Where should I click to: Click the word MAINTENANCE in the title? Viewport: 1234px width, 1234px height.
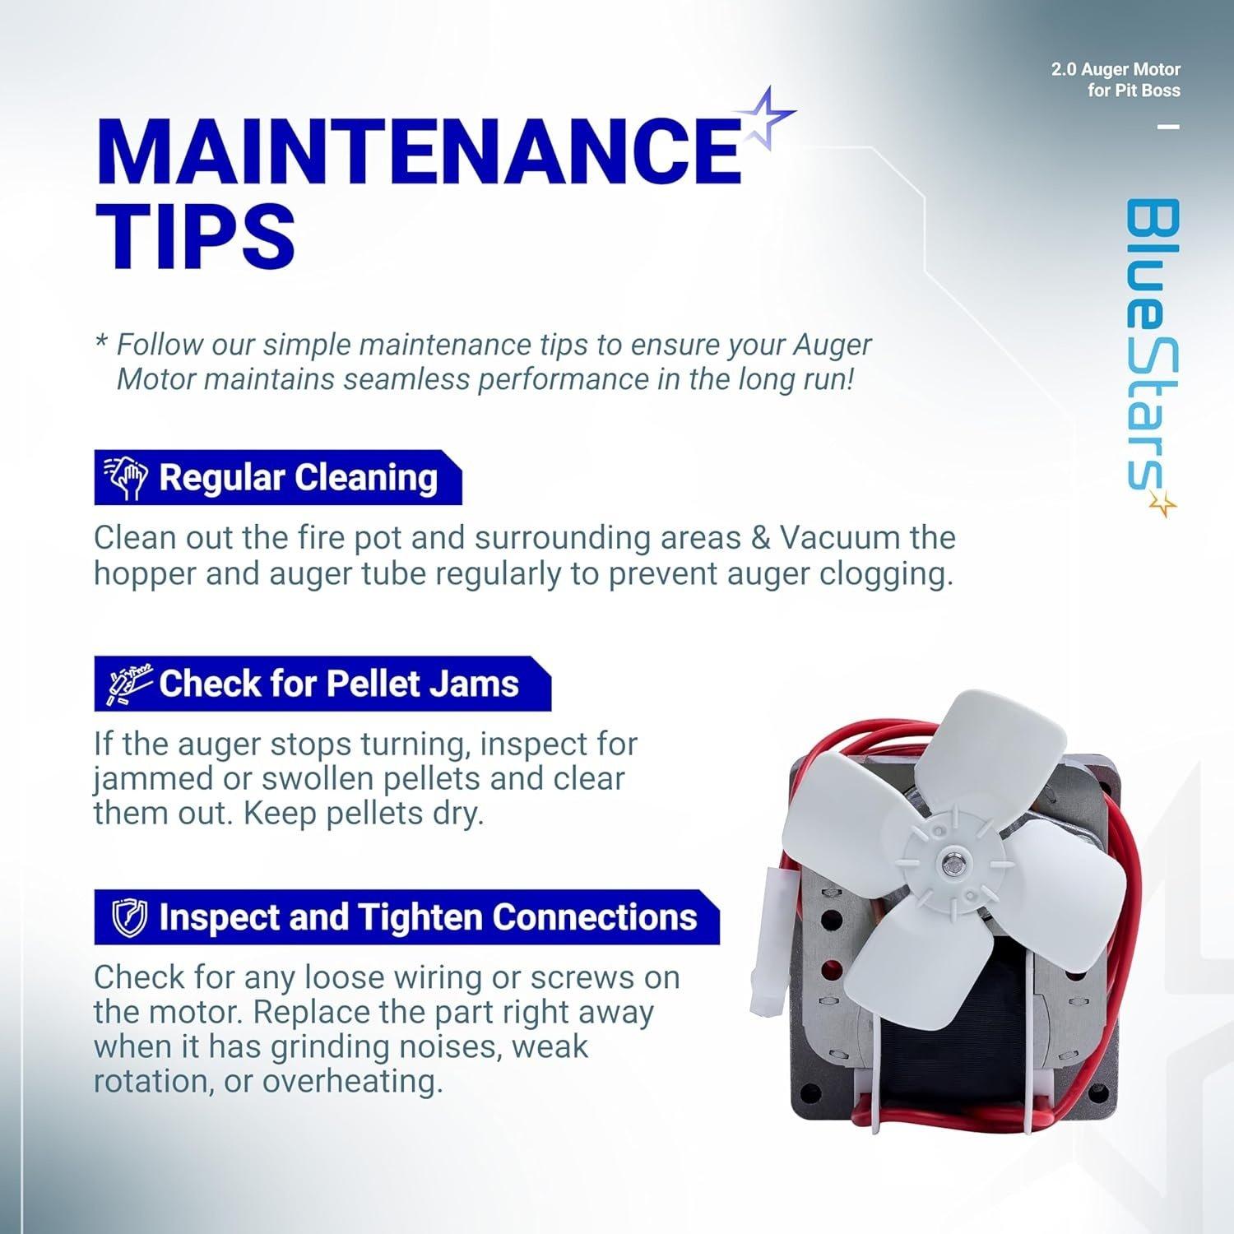click(x=419, y=151)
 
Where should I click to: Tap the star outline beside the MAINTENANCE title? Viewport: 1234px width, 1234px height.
click(x=768, y=118)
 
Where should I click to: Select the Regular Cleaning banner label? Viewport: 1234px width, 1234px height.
click(x=278, y=477)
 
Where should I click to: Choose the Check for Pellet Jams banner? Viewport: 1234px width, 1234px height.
click(x=322, y=684)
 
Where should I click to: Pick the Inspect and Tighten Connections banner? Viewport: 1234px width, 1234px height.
click(x=406, y=916)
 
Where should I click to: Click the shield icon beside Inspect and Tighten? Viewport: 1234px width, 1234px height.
click(x=129, y=917)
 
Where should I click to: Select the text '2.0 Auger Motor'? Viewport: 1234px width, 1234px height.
click(x=1116, y=70)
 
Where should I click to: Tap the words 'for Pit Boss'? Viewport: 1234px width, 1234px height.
click(x=1134, y=91)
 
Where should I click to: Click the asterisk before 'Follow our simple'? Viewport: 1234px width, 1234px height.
click(x=102, y=340)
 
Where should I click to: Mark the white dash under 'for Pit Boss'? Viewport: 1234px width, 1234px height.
click(x=1169, y=127)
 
